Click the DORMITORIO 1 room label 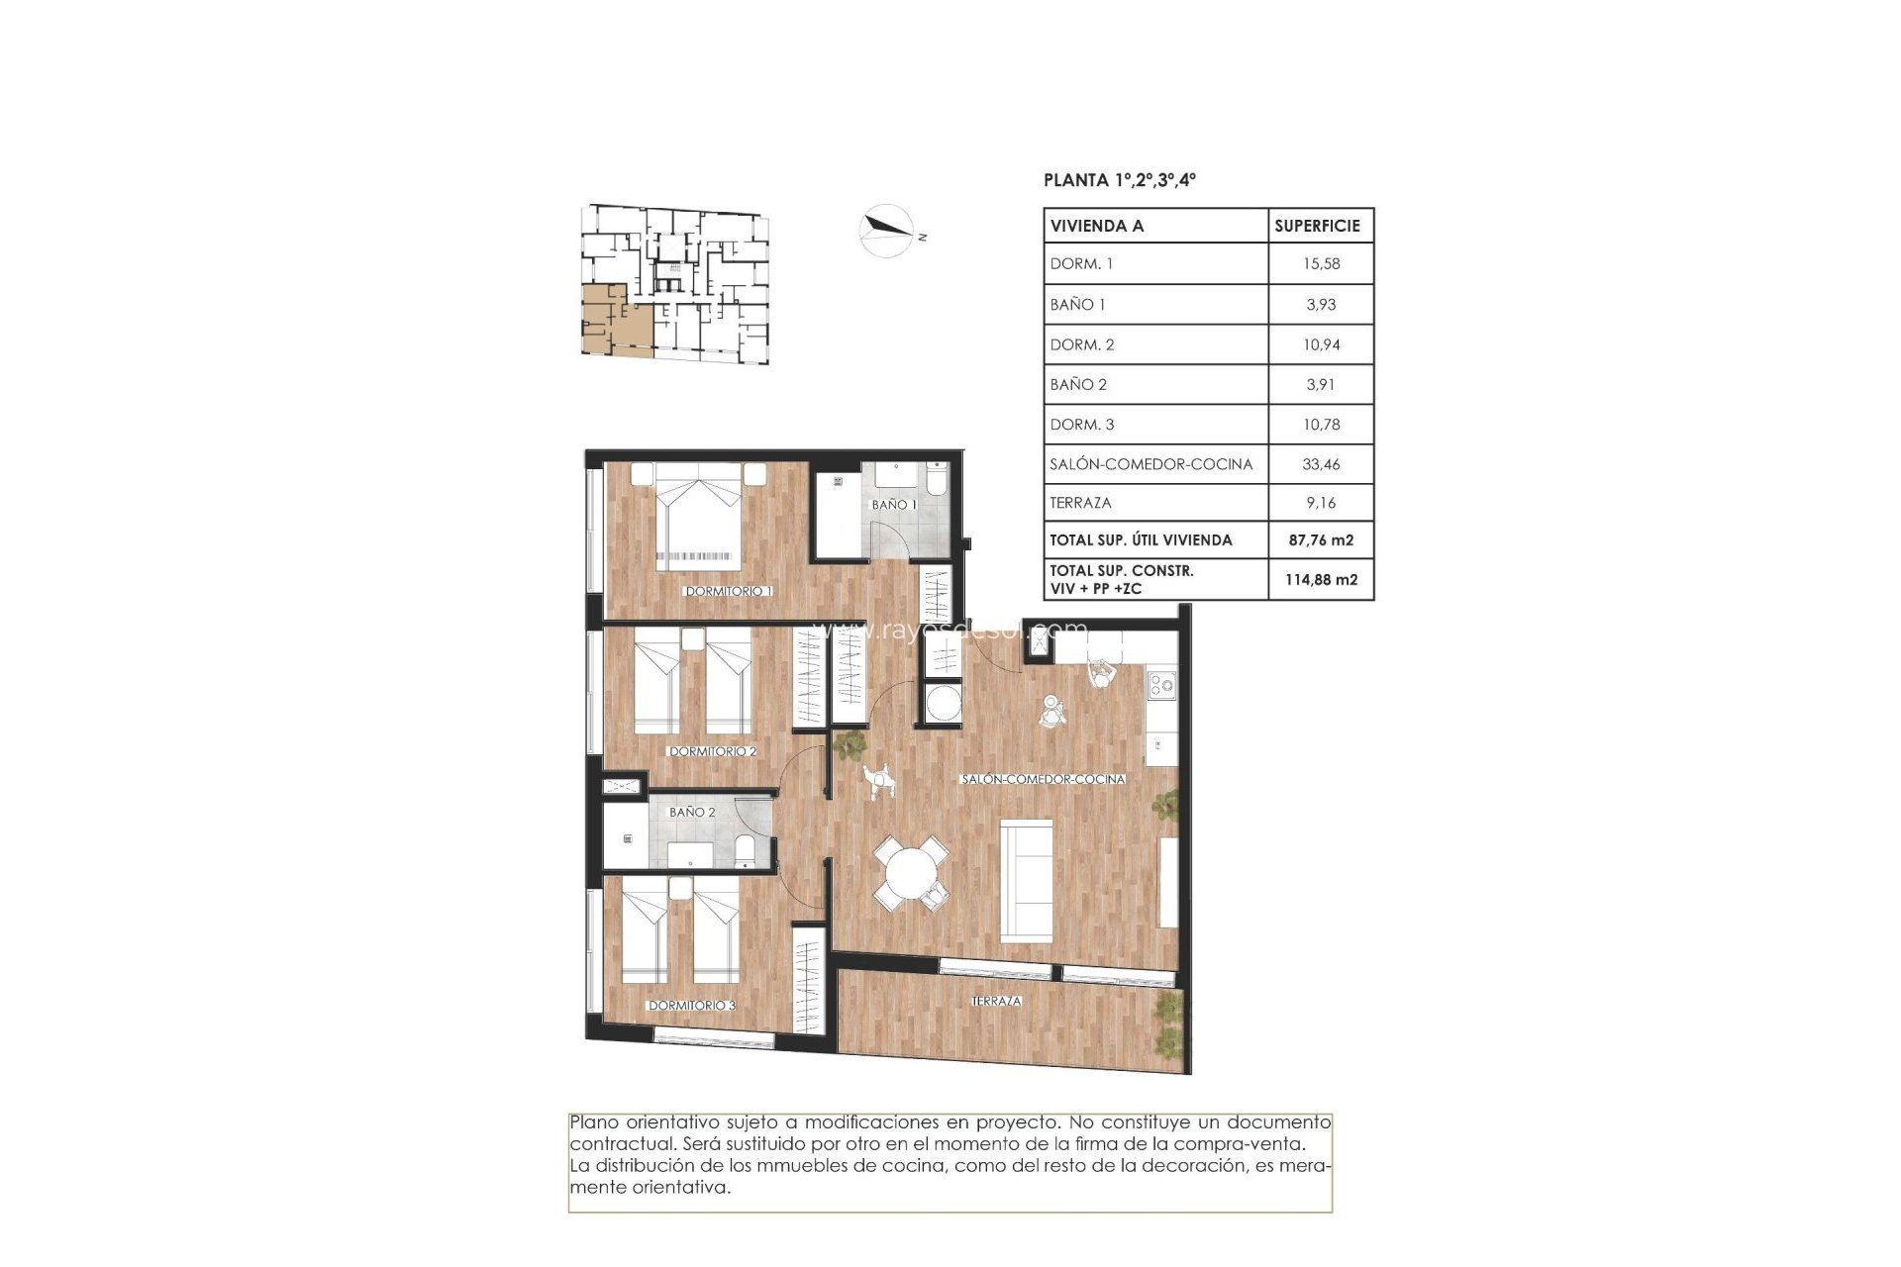728,591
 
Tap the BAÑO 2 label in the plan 692,812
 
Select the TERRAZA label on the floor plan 996,1001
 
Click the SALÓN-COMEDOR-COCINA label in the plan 1043,779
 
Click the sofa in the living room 1027,880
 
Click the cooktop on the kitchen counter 1160,683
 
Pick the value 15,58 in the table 1321,263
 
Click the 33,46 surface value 1321,463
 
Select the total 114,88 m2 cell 1321,579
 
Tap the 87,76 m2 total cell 1321,539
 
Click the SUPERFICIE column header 1317,226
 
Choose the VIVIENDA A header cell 1097,226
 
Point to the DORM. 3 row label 1082,424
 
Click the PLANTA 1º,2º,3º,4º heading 1119,180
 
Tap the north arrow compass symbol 886,231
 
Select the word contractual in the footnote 615,1144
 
